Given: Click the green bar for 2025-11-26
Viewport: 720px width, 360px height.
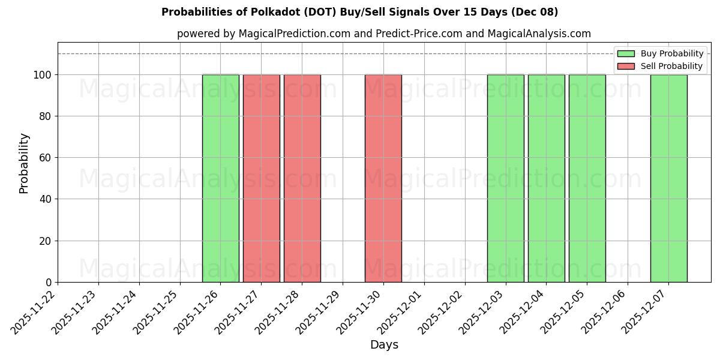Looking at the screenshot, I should [221, 178].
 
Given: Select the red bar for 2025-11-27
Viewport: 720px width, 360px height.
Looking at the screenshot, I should [262, 178].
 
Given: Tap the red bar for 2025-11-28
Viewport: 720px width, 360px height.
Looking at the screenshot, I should [302, 178].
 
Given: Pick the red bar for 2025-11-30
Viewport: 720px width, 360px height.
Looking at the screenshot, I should [383, 178].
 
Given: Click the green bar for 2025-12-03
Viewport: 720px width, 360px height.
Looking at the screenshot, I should [506, 178].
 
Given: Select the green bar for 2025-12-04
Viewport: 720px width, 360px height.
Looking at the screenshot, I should [547, 178].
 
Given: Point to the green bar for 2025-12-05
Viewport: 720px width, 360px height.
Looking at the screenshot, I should [587, 178].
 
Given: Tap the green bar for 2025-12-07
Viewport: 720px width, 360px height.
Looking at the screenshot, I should [669, 178].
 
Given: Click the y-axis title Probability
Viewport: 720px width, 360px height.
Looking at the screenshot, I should [24, 163].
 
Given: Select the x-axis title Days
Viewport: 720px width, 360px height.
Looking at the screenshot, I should [384, 345].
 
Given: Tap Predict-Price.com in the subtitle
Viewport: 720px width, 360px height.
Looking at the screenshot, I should [419, 34].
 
